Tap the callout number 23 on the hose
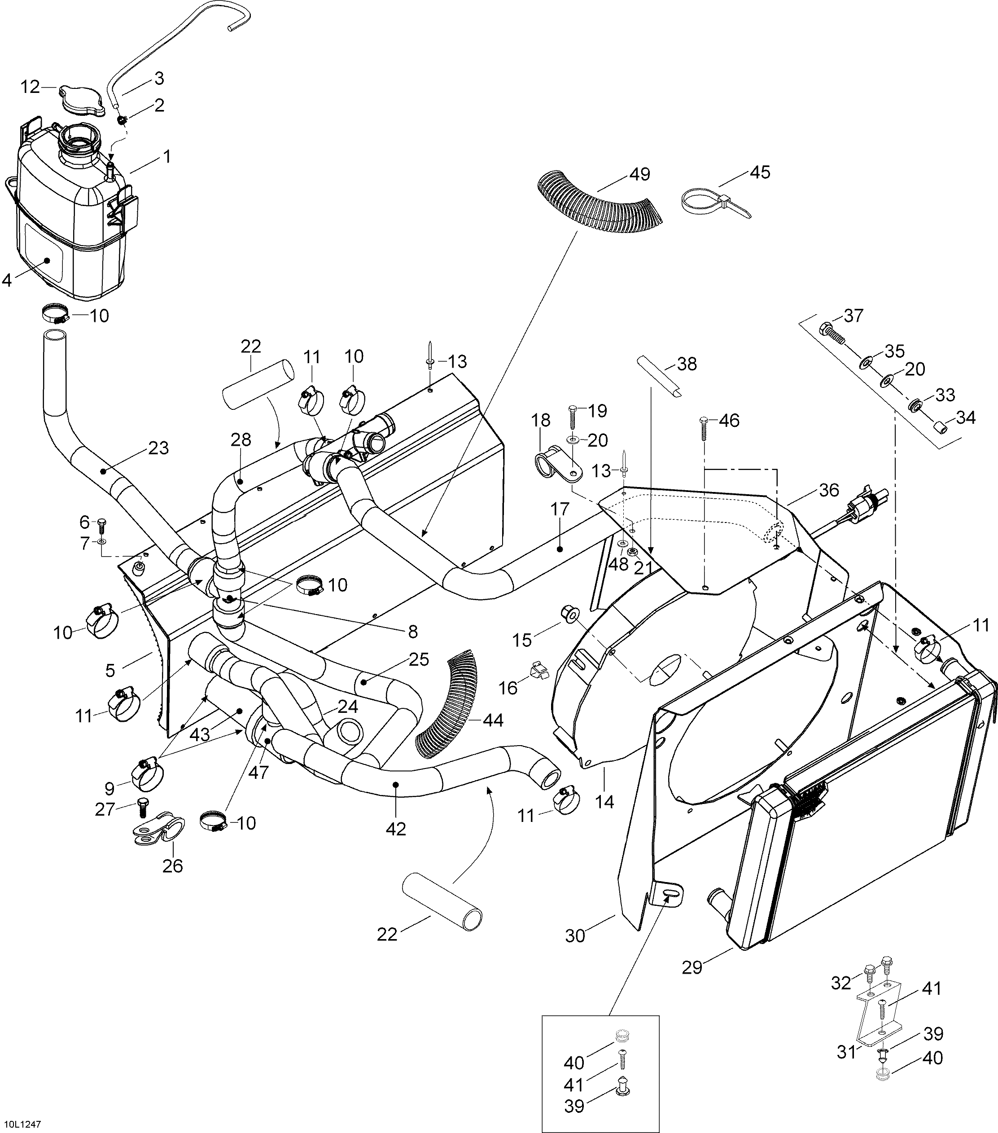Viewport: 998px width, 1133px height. [158, 448]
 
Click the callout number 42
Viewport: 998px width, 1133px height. [396, 844]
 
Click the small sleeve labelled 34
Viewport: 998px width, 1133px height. [938, 428]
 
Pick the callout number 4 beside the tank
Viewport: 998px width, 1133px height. [7, 281]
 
